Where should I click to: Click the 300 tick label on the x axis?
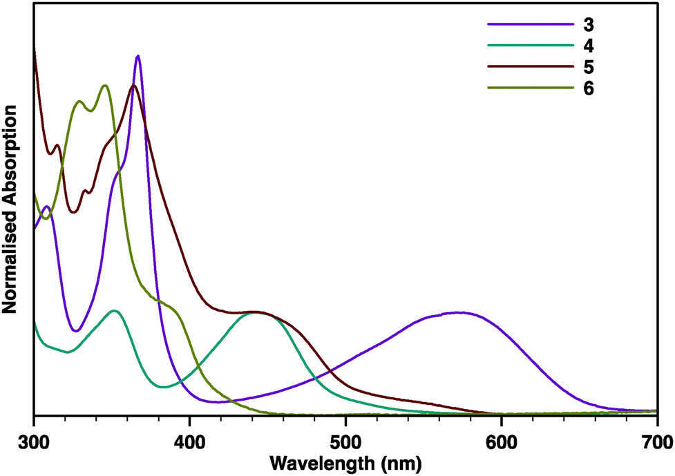(x=33, y=440)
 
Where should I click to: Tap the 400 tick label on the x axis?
(x=189, y=440)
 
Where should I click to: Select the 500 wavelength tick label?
(x=345, y=440)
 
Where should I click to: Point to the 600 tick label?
(x=500, y=440)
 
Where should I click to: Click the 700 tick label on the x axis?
(x=655, y=440)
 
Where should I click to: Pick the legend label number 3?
(x=588, y=26)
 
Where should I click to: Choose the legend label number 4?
(x=588, y=46)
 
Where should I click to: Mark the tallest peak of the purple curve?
(x=138, y=56)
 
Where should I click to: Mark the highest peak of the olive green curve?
(x=104, y=86)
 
